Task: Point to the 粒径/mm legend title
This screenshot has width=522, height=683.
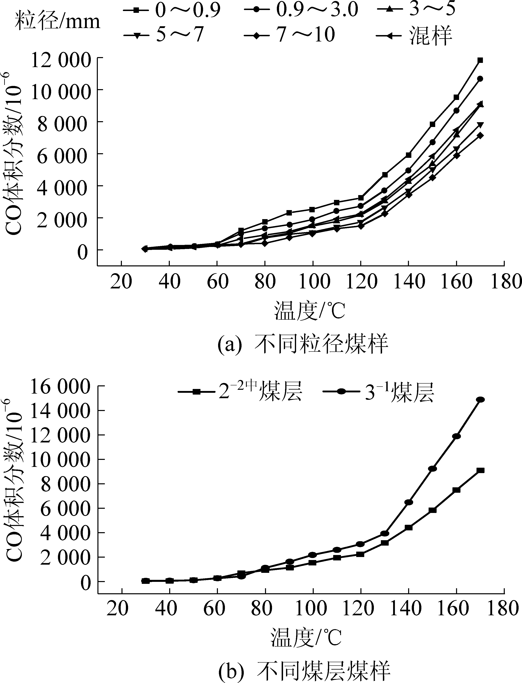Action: [x=58, y=22]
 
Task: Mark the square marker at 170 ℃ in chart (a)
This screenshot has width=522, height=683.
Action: [x=480, y=60]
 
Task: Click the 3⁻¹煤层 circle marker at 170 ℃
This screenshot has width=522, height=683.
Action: [x=480, y=399]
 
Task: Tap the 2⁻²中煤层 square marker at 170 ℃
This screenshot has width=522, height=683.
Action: [x=480, y=470]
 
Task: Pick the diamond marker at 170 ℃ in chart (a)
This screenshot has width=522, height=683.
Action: [x=480, y=135]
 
